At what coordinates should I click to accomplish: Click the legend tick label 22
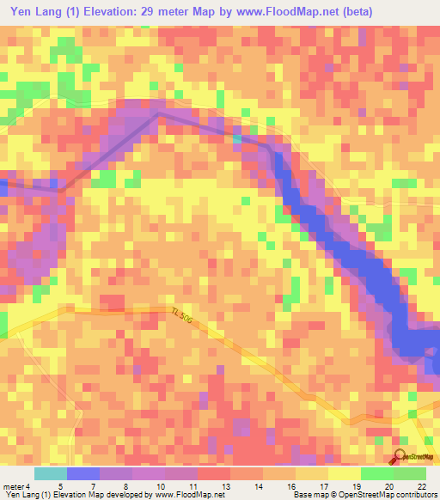[x=420, y=486]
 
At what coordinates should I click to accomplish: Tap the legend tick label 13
[x=224, y=486]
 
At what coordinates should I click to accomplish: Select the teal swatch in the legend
[x=50, y=473]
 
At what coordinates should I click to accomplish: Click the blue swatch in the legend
[x=83, y=473]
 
